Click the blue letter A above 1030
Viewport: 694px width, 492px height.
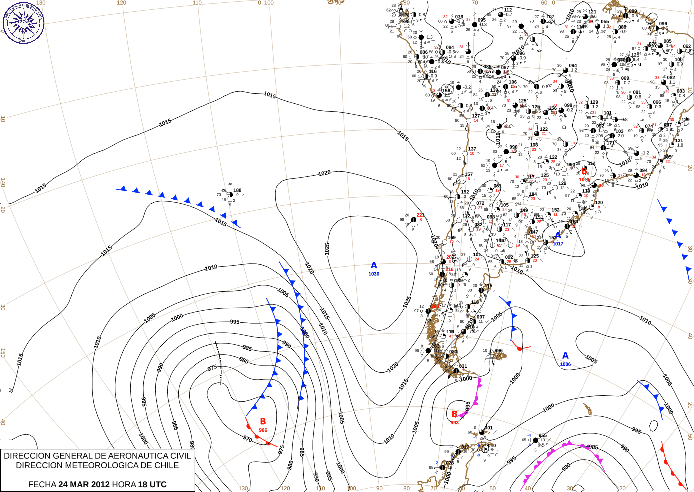click(374, 266)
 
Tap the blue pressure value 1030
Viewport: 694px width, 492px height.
click(374, 274)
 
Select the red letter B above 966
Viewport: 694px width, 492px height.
click(263, 422)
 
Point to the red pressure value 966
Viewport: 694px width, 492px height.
click(263, 430)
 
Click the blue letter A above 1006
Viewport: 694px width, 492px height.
click(565, 356)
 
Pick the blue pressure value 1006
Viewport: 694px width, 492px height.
click(565, 364)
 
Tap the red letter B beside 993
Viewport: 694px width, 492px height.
click(454, 414)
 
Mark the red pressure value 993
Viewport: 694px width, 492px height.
click(454, 423)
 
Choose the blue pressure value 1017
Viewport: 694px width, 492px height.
click(558, 244)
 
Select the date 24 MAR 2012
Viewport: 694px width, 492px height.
click(84, 484)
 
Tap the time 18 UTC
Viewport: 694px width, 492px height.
click(150, 484)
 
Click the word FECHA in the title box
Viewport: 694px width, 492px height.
click(42, 484)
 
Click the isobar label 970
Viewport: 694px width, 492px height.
click(247, 439)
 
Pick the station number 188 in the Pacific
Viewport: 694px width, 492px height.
click(237, 190)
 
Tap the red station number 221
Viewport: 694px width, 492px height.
click(420, 215)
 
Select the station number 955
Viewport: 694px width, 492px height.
click(543, 436)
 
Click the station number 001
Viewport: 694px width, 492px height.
click(489, 428)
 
